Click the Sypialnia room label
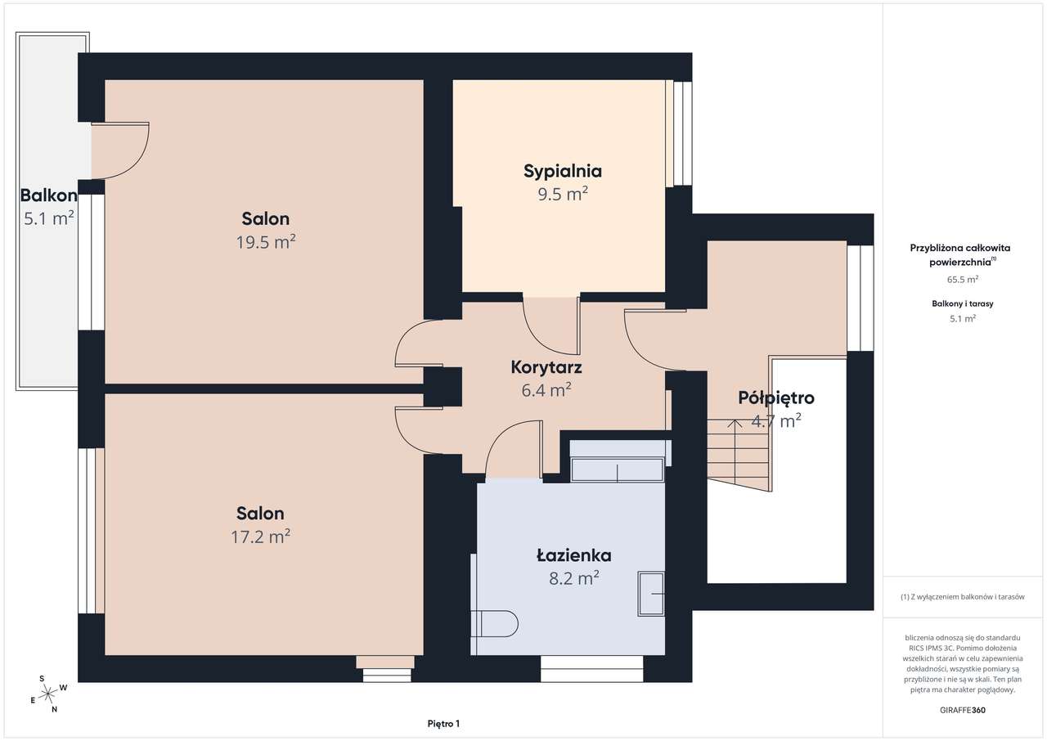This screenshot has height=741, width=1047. click(x=562, y=172)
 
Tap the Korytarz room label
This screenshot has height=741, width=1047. click(x=546, y=367)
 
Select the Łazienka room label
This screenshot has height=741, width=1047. click(x=573, y=555)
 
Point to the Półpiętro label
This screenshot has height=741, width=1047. click(x=776, y=398)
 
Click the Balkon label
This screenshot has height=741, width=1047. click(x=48, y=195)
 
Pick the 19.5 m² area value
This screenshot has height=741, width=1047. click(x=266, y=242)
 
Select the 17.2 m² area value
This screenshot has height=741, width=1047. click(x=260, y=537)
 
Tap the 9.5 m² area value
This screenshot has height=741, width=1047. click(x=562, y=194)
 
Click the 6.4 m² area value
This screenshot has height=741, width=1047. click(x=546, y=389)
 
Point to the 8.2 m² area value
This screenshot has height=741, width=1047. click(x=574, y=578)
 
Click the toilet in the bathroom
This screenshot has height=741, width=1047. click(x=495, y=623)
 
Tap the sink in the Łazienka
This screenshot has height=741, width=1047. click(x=651, y=593)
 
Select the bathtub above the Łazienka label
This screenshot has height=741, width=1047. click(x=617, y=469)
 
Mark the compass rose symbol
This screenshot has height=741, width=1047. click(x=47, y=694)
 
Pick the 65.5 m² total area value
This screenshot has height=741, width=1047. click(x=963, y=280)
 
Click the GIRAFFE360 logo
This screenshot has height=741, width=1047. click(x=963, y=710)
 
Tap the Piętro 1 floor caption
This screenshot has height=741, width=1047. click(x=443, y=724)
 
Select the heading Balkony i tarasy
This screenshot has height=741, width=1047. click(x=963, y=303)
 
